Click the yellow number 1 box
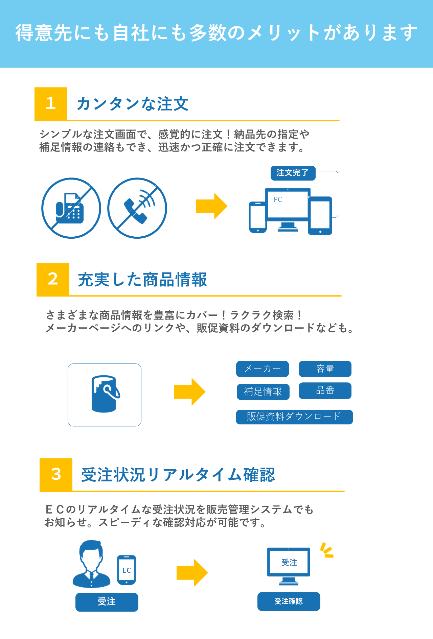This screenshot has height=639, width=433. (x=51, y=103)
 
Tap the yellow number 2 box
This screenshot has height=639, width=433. (x=53, y=279)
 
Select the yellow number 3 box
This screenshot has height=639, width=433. (x=56, y=474)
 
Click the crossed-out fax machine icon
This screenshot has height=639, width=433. (x=71, y=208)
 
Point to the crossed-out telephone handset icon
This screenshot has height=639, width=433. (x=137, y=208)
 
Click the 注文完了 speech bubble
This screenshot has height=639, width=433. (x=293, y=173)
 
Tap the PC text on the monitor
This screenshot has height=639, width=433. (x=278, y=199)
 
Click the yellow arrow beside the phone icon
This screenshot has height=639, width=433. (x=212, y=206)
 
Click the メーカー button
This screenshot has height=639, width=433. (x=263, y=369)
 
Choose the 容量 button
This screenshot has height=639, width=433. (x=325, y=369)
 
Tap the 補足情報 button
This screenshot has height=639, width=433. (x=263, y=392)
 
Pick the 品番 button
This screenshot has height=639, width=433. (x=325, y=391)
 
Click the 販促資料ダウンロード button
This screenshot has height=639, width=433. (x=294, y=417)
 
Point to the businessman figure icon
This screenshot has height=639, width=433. (x=91, y=564)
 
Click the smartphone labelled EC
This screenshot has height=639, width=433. (x=127, y=570)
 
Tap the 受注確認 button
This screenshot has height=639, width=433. (x=289, y=601)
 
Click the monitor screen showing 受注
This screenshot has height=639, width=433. (x=289, y=562)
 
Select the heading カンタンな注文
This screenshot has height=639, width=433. (x=133, y=104)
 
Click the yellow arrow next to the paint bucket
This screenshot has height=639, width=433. (x=190, y=392)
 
